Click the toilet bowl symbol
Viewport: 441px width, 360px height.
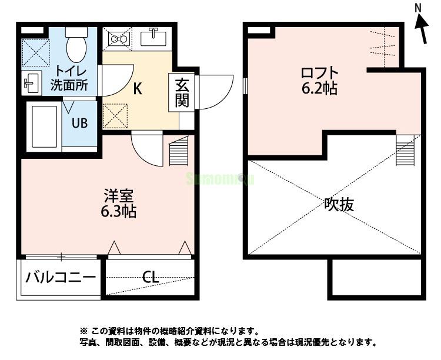tap(76, 44)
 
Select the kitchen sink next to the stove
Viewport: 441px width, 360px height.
tap(155, 36)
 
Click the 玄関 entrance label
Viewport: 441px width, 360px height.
tap(181, 92)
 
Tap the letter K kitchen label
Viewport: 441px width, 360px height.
tap(137, 89)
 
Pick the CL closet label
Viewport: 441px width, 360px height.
tap(151, 277)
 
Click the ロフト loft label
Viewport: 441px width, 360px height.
tap(319, 74)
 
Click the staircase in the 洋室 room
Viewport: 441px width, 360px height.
tap(180, 153)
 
